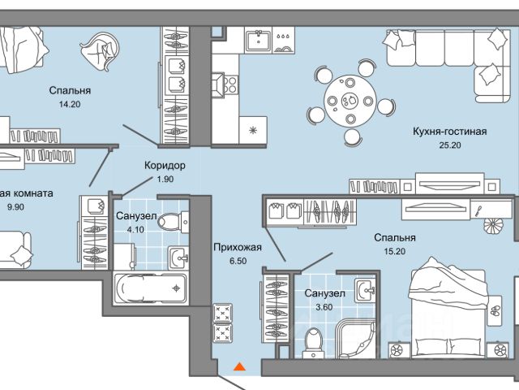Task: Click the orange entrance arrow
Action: (238, 368)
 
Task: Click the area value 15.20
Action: (395, 253)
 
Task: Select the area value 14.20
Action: (69, 104)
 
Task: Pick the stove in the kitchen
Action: (225, 80)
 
